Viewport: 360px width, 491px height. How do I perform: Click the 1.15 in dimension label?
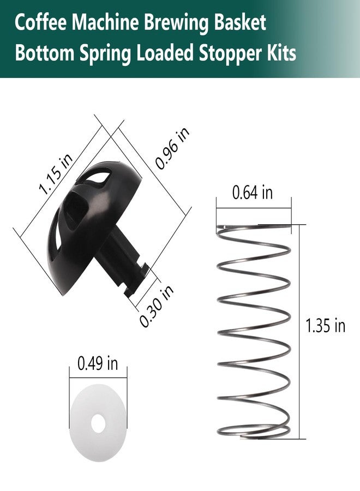pyautogui.click(x=56, y=174)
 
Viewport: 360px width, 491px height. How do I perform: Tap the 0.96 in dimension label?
pyautogui.click(x=172, y=148)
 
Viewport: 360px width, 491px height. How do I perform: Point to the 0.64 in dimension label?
pyautogui.click(x=253, y=192)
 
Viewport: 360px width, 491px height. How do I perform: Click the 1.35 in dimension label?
pyautogui.click(x=325, y=326)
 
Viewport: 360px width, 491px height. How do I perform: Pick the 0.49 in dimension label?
pyautogui.click(x=98, y=363)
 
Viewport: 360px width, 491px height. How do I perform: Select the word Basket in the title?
pyautogui.click(x=240, y=22)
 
